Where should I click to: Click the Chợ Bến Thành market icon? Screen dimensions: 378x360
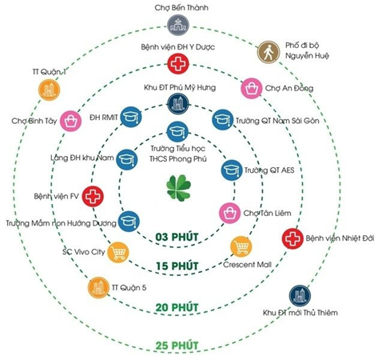click(x=178, y=26)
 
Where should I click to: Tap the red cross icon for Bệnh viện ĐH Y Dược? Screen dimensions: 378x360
click(x=178, y=64)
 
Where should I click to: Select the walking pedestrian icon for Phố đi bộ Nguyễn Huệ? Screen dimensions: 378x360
click(x=269, y=52)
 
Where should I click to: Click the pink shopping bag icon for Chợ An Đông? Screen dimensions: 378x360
click(x=252, y=88)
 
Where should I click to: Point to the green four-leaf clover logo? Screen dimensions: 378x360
click(x=179, y=188)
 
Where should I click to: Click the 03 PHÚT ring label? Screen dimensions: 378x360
click(x=177, y=237)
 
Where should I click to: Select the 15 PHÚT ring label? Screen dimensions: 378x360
click(x=177, y=266)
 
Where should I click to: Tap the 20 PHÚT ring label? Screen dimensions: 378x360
click(x=177, y=307)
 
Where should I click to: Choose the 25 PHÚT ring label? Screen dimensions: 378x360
click(x=177, y=346)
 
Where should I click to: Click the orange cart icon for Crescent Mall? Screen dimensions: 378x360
click(x=241, y=246)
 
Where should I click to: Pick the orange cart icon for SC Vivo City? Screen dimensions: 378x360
click(x=118, y=252)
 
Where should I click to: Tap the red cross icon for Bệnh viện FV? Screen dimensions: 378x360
click(x=93, y=197)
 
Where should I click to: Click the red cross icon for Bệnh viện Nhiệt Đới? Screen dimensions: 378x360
click(x=292, y=238)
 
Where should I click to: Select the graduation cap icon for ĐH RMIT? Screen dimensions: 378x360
click(x=131, y=117)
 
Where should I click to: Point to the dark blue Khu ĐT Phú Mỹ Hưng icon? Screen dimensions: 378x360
click(x=178, y=104)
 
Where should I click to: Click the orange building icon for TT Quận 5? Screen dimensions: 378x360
click(x=99, y=287)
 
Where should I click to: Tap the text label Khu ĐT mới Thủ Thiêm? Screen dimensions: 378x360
click(x=300, y=313)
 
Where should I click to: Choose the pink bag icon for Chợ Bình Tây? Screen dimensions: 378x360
click(x=70, y=121)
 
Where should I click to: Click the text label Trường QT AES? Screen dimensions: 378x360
click(x=269, y=170)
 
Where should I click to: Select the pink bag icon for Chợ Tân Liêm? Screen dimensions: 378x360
click(x=230, y=213)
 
